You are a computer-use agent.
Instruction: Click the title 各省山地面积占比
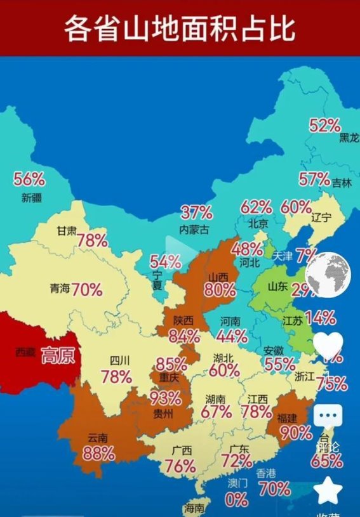[x=180, y=29]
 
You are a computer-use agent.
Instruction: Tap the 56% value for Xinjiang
[x=29, y=180]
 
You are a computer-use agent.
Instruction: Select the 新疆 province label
[x=31, y=197]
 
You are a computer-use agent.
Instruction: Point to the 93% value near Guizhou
[x=165, y=399]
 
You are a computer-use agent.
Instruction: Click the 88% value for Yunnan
[x=98, y=454]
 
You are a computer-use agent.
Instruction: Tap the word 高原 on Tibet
[x=58, y=355]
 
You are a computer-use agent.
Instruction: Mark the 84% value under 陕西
[x=184, y=337]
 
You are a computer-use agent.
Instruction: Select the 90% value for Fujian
[x=296, y=433]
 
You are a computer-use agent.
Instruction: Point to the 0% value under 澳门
[x=236, y=500]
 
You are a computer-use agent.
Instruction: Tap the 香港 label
[x=266, y=473]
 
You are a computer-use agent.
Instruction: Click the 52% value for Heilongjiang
[x=324, y=126]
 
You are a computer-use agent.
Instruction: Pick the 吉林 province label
[x=341, y=183]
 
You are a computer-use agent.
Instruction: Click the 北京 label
[x=258, y=223]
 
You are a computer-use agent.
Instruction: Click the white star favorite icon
[x=329, y=492]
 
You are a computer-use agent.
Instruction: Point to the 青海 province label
[x=60, y=289]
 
